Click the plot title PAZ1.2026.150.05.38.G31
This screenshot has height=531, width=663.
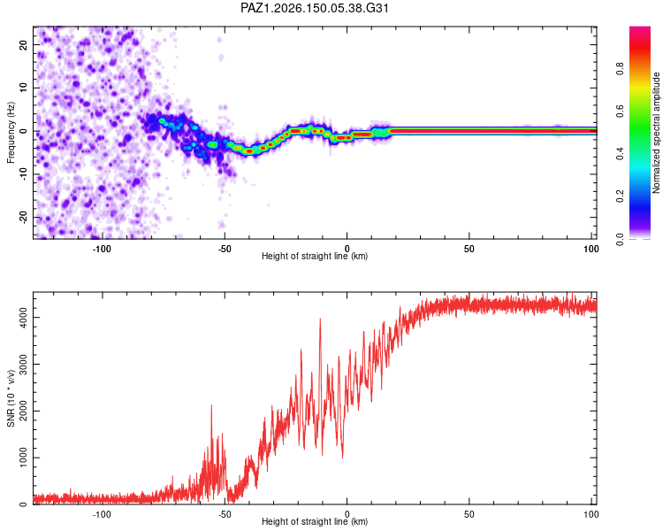(x=314, y=8)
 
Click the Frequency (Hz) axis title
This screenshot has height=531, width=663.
(x=11, y=133)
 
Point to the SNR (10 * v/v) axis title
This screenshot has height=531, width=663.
(x=11, y=398)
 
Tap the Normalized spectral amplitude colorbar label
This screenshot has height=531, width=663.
(x=656, y=133)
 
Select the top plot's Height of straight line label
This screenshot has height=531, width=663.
(x=315, y=256)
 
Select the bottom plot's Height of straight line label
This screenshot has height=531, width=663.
(x=315, y=521)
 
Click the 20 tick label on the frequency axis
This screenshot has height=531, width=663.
(x=23, y=44)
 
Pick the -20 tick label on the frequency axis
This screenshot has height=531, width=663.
(x=23, y=217)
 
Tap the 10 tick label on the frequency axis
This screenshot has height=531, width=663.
(x=23, y=88)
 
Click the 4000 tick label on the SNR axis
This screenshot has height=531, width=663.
(x=23, y=317)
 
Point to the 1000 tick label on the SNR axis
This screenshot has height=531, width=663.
(x=23, y=458)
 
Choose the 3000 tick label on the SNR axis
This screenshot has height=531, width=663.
(x=23, y=364)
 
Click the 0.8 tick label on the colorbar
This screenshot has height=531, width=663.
(x=620, y=69)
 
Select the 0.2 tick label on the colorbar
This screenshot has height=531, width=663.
(x=620, y=196)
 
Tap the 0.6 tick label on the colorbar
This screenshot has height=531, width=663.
(x=620, y=111)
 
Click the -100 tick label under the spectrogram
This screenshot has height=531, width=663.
(x=102, y=249)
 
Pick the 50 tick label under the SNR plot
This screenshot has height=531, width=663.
(x=469, y=514)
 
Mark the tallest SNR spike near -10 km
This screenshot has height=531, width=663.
(x=320, y=319)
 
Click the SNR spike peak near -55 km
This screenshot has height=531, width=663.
(x=211, y=405)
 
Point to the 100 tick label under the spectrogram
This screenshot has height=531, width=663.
(x=591, y=249)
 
